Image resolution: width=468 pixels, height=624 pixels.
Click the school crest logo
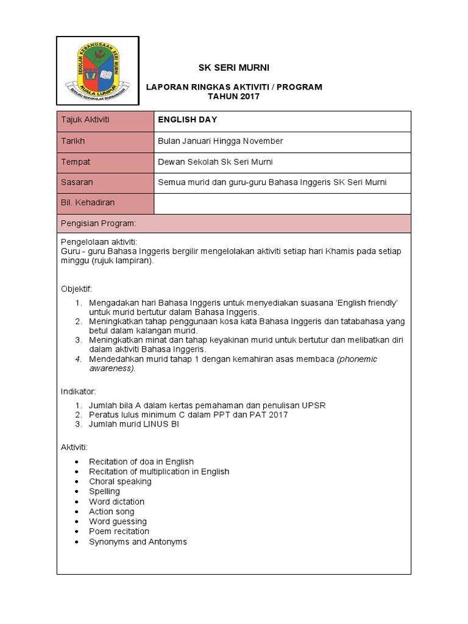(x=97, y=70)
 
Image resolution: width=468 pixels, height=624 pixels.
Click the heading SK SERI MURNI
(x=234, y=67)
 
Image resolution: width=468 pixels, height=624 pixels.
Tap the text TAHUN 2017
(x=234, y=97)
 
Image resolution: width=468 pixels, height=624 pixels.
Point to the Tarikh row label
(x=105, y=141)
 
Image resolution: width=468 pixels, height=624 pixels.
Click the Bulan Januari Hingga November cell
(x=221, y=141)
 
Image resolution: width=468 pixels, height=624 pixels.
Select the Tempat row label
(x=105, y=162)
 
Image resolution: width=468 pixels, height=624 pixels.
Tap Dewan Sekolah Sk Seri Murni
(x=215, y=162)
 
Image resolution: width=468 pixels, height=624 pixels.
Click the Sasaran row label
(x=105, y=182)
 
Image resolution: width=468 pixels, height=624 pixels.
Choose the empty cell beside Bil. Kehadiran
(x=282, y=203)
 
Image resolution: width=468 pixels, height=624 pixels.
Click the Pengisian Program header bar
(x=233, y=224)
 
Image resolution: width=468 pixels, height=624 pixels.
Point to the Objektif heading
(x=77, y=288)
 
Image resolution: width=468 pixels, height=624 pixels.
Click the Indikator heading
(x=79, y=391)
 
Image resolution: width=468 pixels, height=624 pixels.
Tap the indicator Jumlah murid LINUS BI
(x=134, y=425)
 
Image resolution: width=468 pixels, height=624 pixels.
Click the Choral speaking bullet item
(x=120, y=481)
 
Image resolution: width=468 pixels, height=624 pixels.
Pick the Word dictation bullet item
(x=116, y=502)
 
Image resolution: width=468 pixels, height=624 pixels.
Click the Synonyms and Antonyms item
(x=138, y=542)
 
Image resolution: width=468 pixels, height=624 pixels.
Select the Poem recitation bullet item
(x=119, y=531)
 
